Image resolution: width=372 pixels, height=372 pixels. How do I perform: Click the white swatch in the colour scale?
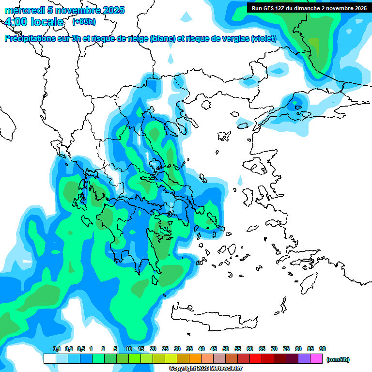[49, 359]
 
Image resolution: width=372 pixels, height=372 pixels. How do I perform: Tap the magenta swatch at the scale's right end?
[316, 359]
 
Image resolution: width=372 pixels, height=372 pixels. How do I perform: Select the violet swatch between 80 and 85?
[304, 359]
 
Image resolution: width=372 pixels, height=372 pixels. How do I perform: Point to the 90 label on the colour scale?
[323, 349]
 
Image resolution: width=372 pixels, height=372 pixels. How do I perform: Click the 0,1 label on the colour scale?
[56, 349]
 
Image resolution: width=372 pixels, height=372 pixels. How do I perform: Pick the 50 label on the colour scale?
[226, 349]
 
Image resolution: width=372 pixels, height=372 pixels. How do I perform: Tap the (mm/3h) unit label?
[338, 359]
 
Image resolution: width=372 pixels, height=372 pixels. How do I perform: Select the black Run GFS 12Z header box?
[308, 8]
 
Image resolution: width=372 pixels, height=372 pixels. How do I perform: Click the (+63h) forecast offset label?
[84, 21]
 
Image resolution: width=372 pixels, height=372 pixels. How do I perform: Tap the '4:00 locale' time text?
[34, 22]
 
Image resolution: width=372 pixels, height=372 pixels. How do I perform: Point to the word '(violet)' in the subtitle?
[264, 39]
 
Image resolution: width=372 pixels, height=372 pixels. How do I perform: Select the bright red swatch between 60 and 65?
[256, 359]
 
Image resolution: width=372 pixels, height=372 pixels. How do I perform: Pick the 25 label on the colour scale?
[165, 349]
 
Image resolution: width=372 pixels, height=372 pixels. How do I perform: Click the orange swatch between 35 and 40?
[195, 359]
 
